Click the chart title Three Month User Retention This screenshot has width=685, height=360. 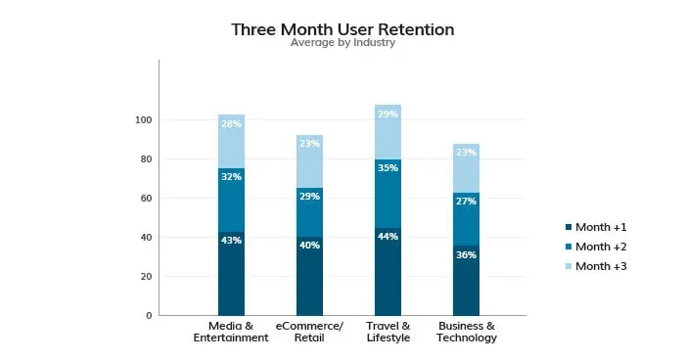(x=342, y=29)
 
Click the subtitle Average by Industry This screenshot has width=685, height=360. (x=342, y=44)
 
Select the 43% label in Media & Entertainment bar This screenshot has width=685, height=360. (x=232, y=241)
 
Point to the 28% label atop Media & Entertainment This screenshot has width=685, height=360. (x=232, y=124)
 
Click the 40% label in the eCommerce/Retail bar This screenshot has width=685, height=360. (x=310, y=246)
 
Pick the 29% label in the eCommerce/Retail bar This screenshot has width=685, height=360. (x=310, y=197)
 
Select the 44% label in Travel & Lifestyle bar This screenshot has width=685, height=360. (x=388, y=237)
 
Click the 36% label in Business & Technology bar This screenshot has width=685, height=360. (x=467, y=254)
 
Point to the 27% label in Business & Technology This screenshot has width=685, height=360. (x=467, y=202)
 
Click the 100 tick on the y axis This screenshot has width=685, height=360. (x=143, y=120)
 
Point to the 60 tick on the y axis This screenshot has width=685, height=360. (x=146, y=199)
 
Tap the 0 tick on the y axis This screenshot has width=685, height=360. (x=149, y=316)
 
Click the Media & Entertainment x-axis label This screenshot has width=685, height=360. (x=232, y=332)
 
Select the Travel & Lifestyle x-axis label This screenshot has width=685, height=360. (x=388, y=332)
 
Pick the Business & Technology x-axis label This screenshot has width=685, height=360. (x=467, y=332)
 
